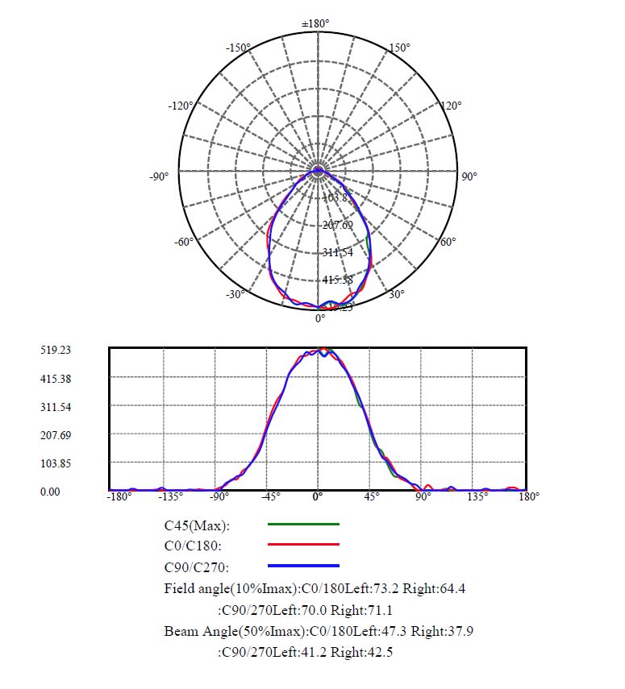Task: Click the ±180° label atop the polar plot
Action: tap(317, 23)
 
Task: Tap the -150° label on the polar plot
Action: tap(239, 48)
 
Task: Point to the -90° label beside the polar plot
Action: tap(159, 176)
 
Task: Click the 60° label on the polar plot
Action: tap(448, 242)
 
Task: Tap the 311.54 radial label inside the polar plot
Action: tap(337, 252)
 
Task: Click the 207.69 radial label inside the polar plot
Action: tap(337, 225)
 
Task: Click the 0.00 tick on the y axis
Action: tap(51, 491)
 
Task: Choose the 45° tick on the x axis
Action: tap(372, 496)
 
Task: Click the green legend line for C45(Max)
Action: tap(303, 525)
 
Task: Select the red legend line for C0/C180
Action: tap(303, 545)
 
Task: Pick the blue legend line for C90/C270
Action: tap(303, 566)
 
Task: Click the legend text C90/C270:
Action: tap(198, 567)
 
